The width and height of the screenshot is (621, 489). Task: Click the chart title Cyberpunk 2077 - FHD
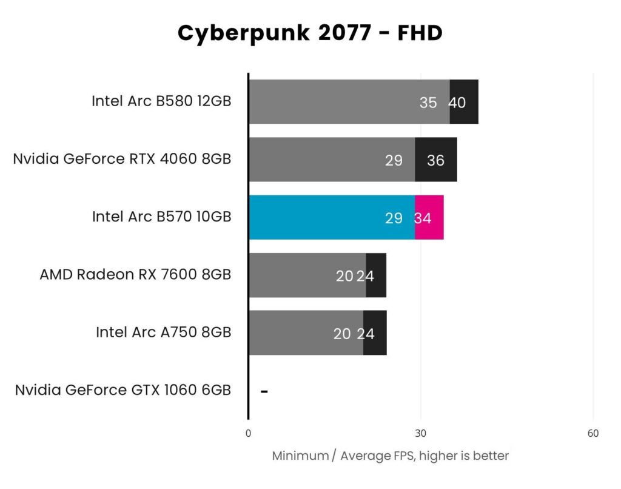tap(310, 33)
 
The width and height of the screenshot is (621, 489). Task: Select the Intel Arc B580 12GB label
tap(161, 101)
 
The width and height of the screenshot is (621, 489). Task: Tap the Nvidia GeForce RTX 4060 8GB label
tap(122, 160)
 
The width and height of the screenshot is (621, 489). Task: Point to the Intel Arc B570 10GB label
tap(161, 217)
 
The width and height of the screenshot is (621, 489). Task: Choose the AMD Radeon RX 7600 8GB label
tap(135, 275)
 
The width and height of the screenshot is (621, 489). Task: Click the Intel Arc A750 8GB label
tap(163, 332)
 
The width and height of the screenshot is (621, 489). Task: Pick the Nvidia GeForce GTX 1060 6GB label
tap(123, 390)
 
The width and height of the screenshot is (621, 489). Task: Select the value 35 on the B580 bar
tap(428, 103)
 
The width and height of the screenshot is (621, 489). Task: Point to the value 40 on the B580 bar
tap(457, 103)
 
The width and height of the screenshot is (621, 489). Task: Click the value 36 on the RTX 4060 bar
tap(435, 160)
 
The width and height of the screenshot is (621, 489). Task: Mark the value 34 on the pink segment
tap(423, 218)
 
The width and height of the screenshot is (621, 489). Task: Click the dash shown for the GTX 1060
tap(264, 391)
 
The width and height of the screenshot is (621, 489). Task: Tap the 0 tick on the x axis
tap(248, 433)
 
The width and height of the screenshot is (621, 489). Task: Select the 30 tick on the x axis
tap(420, 433)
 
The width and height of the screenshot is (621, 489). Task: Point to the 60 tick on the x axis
tap(593, 433)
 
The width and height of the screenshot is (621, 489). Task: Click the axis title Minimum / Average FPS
tap(390, 456)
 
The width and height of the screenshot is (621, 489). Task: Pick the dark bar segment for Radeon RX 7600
tap(377, 275)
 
